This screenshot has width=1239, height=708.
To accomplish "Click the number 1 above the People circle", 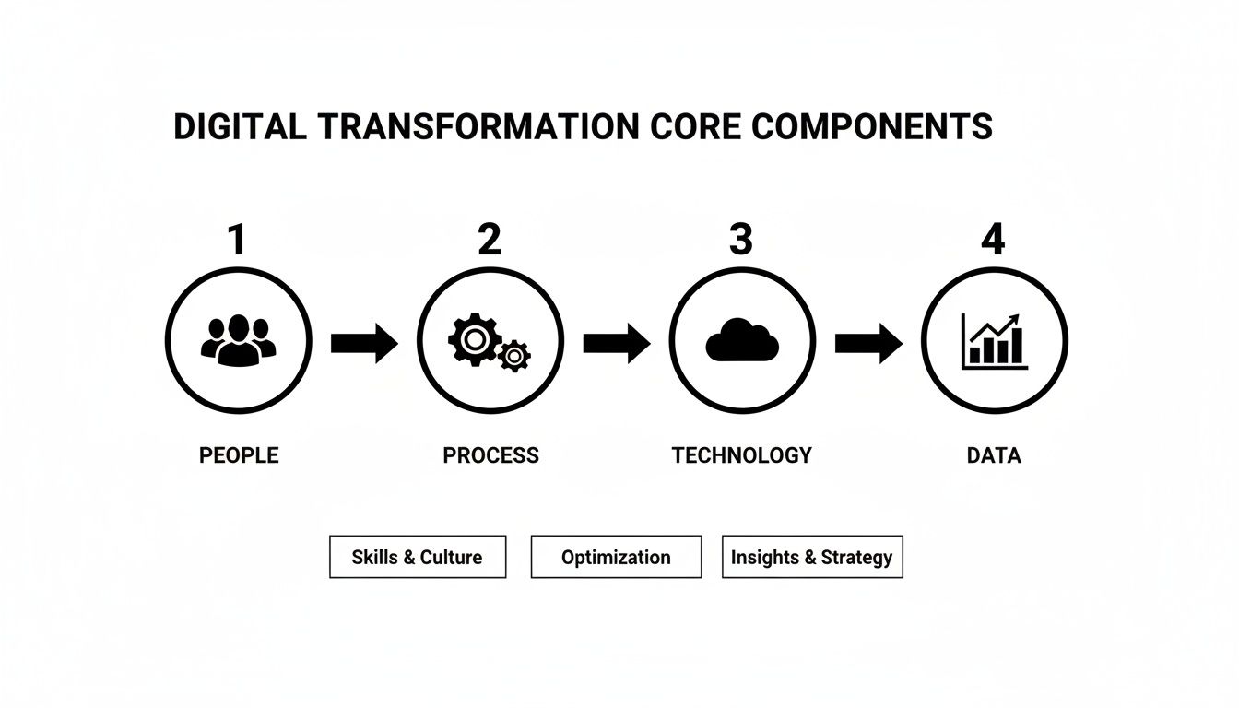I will [x=238, y=240].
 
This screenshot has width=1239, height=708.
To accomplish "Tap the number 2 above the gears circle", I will [x=490, y=240].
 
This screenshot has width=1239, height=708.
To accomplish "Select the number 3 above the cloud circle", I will [x=741, y=240].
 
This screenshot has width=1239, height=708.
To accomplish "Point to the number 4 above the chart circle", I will [x=993, y=240].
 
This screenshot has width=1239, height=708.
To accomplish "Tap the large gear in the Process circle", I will [x=473, y=338].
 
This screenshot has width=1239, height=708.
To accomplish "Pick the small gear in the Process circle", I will [x=513, y=355].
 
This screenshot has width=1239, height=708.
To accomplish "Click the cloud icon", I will [x=742, y=341].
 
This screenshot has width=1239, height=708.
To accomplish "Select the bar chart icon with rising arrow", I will [x=993, y=340].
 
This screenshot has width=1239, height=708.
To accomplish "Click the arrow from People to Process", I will [x=364, y=344].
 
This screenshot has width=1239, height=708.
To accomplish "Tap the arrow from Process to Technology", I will [x=616, y=344].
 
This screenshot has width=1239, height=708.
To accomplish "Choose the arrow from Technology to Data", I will [x=868, y=344].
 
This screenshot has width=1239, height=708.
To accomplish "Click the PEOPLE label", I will [x=239, y=455].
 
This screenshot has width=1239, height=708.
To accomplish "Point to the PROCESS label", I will [x=490, y=455].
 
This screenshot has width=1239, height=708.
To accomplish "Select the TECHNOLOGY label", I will [x=741, y=455].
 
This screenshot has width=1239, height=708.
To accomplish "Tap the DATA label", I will [x=994, y=455].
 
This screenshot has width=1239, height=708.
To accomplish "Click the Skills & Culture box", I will [x=418, y=557].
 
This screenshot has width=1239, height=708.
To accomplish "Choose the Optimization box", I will [x=616, y=557].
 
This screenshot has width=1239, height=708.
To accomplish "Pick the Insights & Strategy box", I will [x=811, y=557].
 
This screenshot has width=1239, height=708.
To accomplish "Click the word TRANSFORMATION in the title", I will [x=478, y=126].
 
